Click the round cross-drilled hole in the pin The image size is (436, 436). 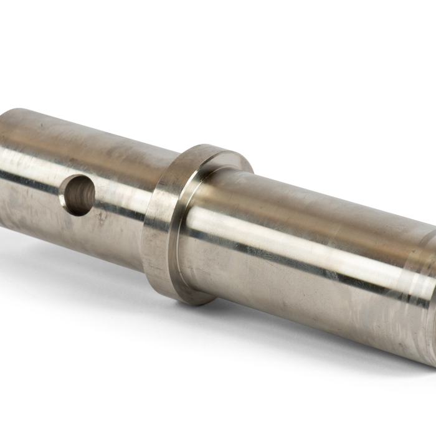tap(79, 195)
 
